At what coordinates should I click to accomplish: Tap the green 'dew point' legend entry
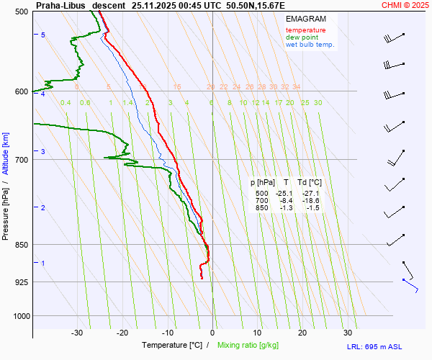[x=302, y=37]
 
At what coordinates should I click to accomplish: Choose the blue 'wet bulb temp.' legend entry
[x=310, y=45]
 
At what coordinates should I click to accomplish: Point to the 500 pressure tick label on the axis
[x=21, y=12]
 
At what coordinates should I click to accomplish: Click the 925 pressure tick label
[x=21, y=282]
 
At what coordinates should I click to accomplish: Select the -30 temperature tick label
[x=77, y=333]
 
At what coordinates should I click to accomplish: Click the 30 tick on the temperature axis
[x=348, y=333]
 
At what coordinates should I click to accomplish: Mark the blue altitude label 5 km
[x=43, y=35]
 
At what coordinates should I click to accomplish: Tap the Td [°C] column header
[x=310, y=183]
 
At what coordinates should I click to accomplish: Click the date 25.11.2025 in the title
[x=150, y=5]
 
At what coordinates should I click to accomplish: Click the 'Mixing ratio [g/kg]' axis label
[x=248, y=346]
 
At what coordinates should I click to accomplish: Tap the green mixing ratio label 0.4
[x=66, y=103]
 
